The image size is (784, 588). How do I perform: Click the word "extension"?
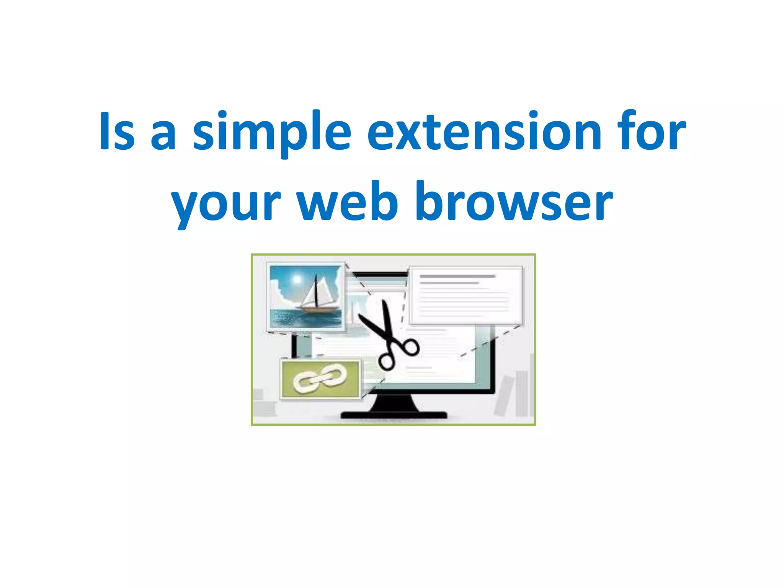click(x=484, y=132)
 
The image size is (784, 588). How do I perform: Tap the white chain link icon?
click(x=320, y=378)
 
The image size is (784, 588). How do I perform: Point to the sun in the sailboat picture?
click(x=297, y=279)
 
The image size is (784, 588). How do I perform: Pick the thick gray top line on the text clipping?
click(x=457, y=276)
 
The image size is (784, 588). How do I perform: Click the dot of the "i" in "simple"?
click(x=223, y=114)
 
